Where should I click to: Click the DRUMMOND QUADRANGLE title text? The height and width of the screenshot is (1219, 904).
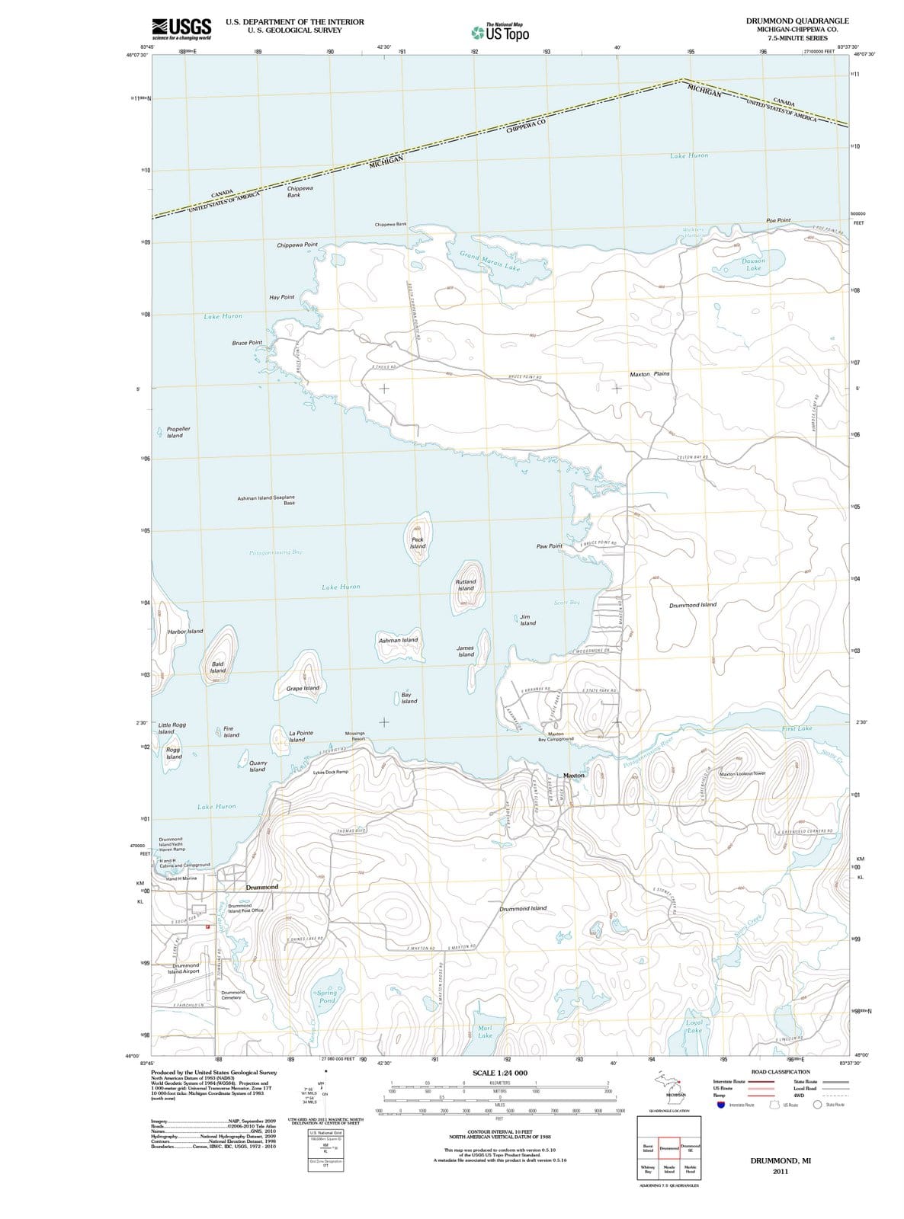[x=797, y=21]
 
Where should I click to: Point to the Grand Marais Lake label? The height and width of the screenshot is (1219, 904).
[x=490, y=261]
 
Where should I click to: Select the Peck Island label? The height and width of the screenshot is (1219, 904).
[x=418, y=542]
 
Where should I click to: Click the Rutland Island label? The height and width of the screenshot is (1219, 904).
[x=466, y=584]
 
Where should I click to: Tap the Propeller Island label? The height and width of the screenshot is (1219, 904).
[x=178, y=432]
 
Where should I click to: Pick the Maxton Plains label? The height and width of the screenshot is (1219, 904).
[x=649, y=374]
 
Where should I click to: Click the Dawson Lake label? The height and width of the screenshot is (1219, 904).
[x=753, y=264]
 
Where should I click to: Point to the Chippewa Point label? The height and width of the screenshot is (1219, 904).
[x=297, y=245]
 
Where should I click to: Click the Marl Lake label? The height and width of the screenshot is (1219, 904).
[x=485, y=1032]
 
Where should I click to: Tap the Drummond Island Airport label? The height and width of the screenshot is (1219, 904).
[x=184, y=968]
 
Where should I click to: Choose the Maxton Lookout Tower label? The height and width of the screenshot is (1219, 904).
[x=748, y=773]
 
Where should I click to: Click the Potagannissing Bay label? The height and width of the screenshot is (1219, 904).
[x=276, y=552]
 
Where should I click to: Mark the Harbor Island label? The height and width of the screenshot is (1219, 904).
[x=185, y=631]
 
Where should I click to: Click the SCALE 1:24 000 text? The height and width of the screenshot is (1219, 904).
[x=500, y=1073]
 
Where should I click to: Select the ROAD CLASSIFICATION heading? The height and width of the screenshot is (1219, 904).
[x=780, y=1072]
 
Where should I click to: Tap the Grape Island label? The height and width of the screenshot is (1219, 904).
[x=303, y=688]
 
